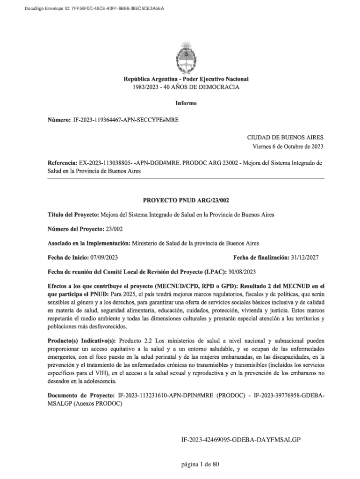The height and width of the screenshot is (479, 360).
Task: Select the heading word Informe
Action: pos(186,103)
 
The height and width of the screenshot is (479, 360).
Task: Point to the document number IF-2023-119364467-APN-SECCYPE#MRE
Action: pos(126,120)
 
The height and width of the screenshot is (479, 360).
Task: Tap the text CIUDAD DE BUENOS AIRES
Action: pos(285,138)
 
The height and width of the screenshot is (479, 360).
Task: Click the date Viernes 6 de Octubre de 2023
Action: pos(288,146)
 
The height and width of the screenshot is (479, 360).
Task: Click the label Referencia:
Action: pos(63,163)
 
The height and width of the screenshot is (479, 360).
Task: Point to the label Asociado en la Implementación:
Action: pos(89,243)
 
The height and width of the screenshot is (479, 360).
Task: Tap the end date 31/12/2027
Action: pos(305,258)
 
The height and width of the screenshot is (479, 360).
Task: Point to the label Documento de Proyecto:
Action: pos(82,396)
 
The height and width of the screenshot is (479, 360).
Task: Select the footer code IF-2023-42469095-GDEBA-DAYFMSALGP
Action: pos(240,440)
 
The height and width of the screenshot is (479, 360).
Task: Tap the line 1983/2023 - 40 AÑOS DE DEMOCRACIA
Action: pos(186,87)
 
